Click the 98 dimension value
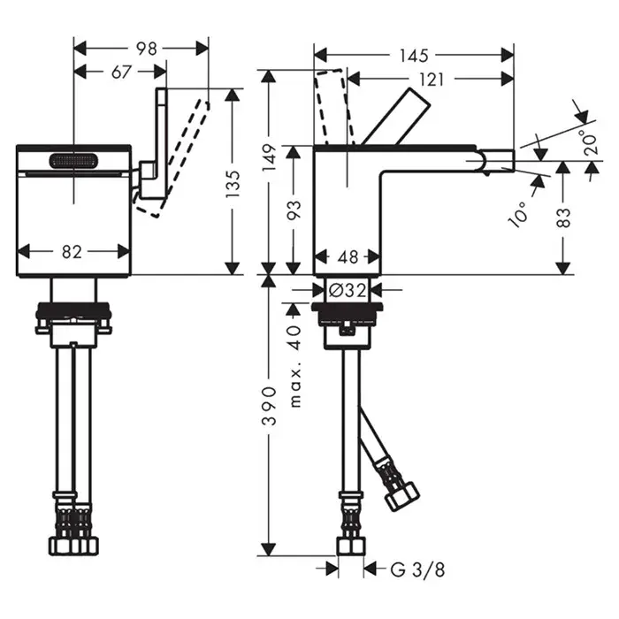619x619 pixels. pyautogui.click(x=147, y=49)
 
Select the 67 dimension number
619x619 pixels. pyautogui.click(x=121, y=72)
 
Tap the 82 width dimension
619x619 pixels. pyautogui.click(x=72, y=251)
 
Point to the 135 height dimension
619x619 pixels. pyautogui.click(x=233, y=184)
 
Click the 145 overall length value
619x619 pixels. pyautogui.click(x=413, y=56)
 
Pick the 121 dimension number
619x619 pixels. pyautogui.click(x=432, y=80)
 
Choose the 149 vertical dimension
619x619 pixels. pyautogui.click(x=270, y=157)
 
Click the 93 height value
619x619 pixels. pyautogui.click(x=294, y=210)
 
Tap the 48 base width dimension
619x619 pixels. pyautogui.click(x=348, y=257)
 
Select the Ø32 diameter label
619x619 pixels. pyautogui.click(x=348, y=291)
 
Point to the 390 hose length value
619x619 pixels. pyautogui.click(x=270, y=405)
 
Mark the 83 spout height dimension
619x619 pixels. pyautogui.click(x=564, y=218)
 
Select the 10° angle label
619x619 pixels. pyautogui.click(x=519, y=214)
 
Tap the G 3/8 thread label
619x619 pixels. pyautogui.click(x=417, y=569)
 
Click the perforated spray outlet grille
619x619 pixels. pyautogui.click(x=73, y=161)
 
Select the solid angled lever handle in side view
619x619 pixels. pyautogui.click(x=395, y=117)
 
